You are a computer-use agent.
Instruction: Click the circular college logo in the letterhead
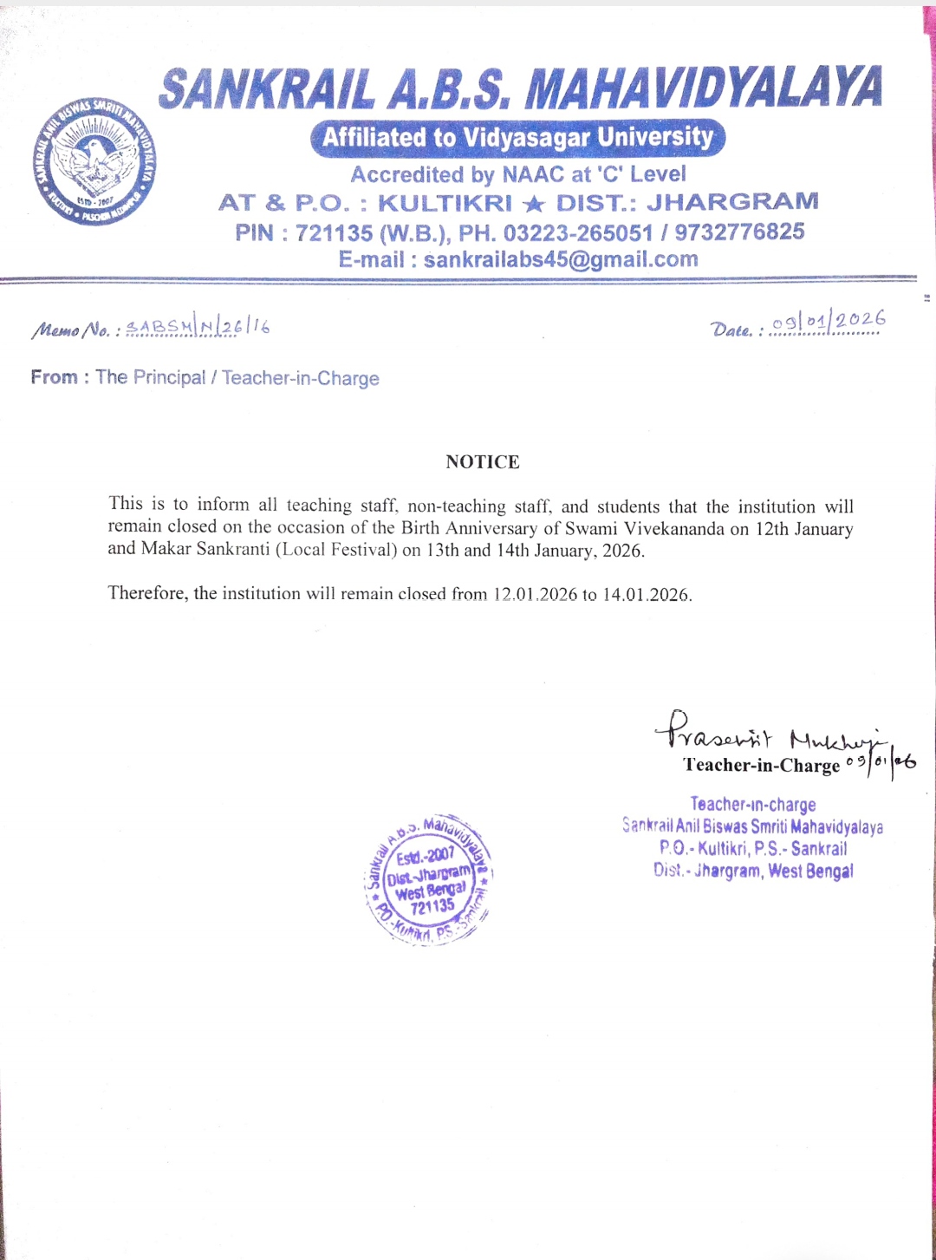coord(94,161)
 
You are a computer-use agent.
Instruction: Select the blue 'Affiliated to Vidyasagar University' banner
coord(517,138)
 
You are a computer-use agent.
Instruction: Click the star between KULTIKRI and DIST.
coord(534,204)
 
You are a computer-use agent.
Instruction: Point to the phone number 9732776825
coord(739,232)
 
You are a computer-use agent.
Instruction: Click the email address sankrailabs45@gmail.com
coord(560,259)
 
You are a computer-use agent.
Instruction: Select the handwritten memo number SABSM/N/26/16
coord(198,326)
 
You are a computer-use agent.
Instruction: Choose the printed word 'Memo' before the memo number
coord(55,330)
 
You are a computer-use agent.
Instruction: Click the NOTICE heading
coord(483,461)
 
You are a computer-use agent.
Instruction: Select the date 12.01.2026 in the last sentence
coord(535,594)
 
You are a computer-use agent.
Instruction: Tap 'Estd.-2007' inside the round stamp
coord(425,856)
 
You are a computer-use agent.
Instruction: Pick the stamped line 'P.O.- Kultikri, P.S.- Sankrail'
coord(752,848)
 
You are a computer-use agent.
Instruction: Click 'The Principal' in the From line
coord(151,377)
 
